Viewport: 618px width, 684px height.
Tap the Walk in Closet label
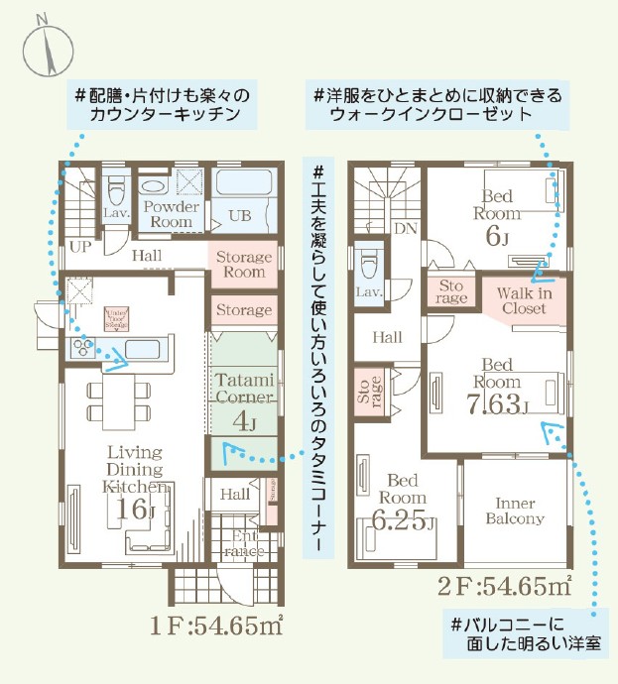(523, 299)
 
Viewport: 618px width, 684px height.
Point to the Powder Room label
(172, 214)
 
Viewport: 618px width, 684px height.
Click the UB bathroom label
(239, 215)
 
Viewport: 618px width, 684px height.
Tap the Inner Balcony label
(514, 511)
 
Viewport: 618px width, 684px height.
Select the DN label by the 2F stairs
(405, 228)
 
